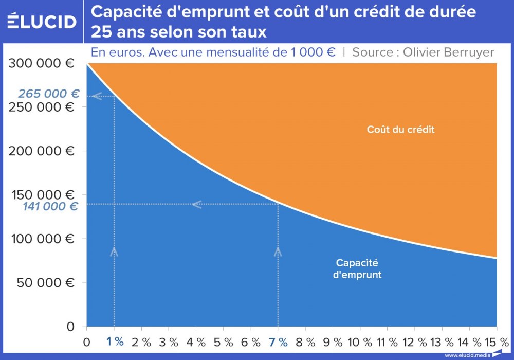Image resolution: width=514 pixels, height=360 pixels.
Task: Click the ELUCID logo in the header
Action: point(43,22)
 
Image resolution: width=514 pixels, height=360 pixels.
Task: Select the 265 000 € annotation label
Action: point(49,94)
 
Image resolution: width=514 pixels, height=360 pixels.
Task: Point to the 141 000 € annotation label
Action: point(50,207)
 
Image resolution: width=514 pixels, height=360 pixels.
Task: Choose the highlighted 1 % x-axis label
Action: point(115,342)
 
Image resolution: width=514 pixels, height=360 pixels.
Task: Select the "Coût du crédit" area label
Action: point(400,130)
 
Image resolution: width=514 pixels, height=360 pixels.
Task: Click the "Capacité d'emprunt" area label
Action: point(357,268)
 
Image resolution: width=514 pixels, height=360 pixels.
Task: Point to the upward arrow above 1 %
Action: point(114,251)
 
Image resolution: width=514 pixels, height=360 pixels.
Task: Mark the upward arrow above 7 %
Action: point(278,251)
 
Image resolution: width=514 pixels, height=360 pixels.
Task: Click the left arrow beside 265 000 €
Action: point(96,96)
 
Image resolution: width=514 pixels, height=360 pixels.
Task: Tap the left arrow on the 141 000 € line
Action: point(196,205)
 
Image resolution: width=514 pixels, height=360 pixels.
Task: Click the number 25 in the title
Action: point(100,32)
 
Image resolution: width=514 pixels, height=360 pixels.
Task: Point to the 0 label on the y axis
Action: point(71,327)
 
